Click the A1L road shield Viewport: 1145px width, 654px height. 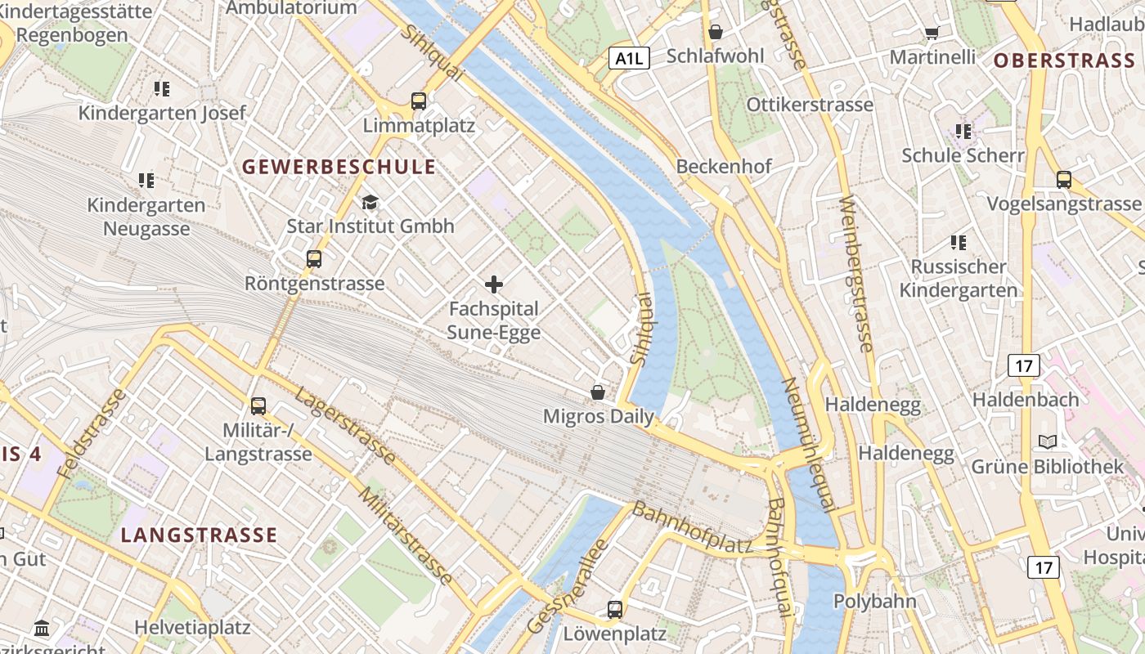point(629,57)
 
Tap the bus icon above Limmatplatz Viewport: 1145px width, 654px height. point(419,101)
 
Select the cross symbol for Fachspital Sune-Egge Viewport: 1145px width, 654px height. point(494,284)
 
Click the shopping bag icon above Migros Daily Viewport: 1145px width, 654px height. point(598,392)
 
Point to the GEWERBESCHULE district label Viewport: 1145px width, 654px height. point(339,167)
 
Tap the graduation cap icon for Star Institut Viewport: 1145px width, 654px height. point(370,202)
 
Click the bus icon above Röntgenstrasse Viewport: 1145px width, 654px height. point(314,259)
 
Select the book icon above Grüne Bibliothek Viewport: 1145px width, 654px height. point(1047,442)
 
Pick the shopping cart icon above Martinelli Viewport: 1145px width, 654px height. point(932,33)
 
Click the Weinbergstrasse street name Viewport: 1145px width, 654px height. point(856,273)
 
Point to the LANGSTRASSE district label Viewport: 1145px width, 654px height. point(199,535)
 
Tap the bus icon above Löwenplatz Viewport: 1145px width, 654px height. point(614,609)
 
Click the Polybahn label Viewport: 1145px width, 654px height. point(874,601)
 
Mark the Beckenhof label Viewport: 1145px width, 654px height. point(724,167)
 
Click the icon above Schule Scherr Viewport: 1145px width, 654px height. point(963,131)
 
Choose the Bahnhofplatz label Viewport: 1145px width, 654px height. point(692,529)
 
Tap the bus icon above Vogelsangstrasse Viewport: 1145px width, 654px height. point(1064,180)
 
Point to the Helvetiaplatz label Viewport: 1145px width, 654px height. point(192,628)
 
